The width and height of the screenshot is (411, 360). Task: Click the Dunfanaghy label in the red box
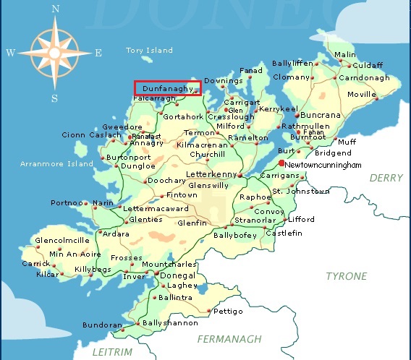[x=168, y=87]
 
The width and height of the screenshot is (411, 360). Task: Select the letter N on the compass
[x=56, y=9]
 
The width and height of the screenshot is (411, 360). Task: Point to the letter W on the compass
[x=11, y=53]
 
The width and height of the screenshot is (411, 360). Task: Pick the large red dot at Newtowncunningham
[x=281, y=164]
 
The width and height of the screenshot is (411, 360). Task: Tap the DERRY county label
[x=386, y=178]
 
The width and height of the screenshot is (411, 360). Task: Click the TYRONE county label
[x=346, y=276]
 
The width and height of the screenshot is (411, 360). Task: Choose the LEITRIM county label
[x=113, y=351]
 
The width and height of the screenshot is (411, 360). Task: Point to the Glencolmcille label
[x=62, y=240]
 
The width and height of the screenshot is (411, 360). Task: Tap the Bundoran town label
[x=102, y=325]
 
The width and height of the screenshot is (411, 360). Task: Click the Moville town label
[x=363, y=94]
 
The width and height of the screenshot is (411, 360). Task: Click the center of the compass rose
[x=56, y=53]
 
